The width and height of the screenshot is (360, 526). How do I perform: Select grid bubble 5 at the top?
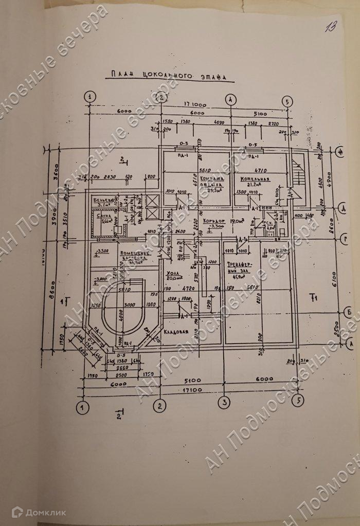287,101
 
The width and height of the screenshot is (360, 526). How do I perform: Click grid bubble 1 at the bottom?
81,408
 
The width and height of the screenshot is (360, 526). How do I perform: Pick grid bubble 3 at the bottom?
225,402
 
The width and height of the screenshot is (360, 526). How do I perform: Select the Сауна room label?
105,217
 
